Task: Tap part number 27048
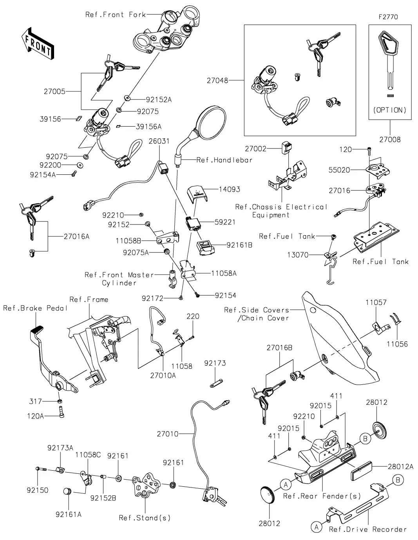coord(217,80)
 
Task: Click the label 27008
coord(390,140)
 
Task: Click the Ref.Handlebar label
coord(224,160)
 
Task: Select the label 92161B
coord(239,245)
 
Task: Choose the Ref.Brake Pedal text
coord(35,308)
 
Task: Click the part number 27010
coord(167,434)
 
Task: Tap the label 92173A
coord(60,448)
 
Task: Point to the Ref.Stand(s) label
coord(145,518)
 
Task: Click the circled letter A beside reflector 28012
coord(286,485)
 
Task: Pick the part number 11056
coord(398,344)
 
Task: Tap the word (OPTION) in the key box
coord(389,110)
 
